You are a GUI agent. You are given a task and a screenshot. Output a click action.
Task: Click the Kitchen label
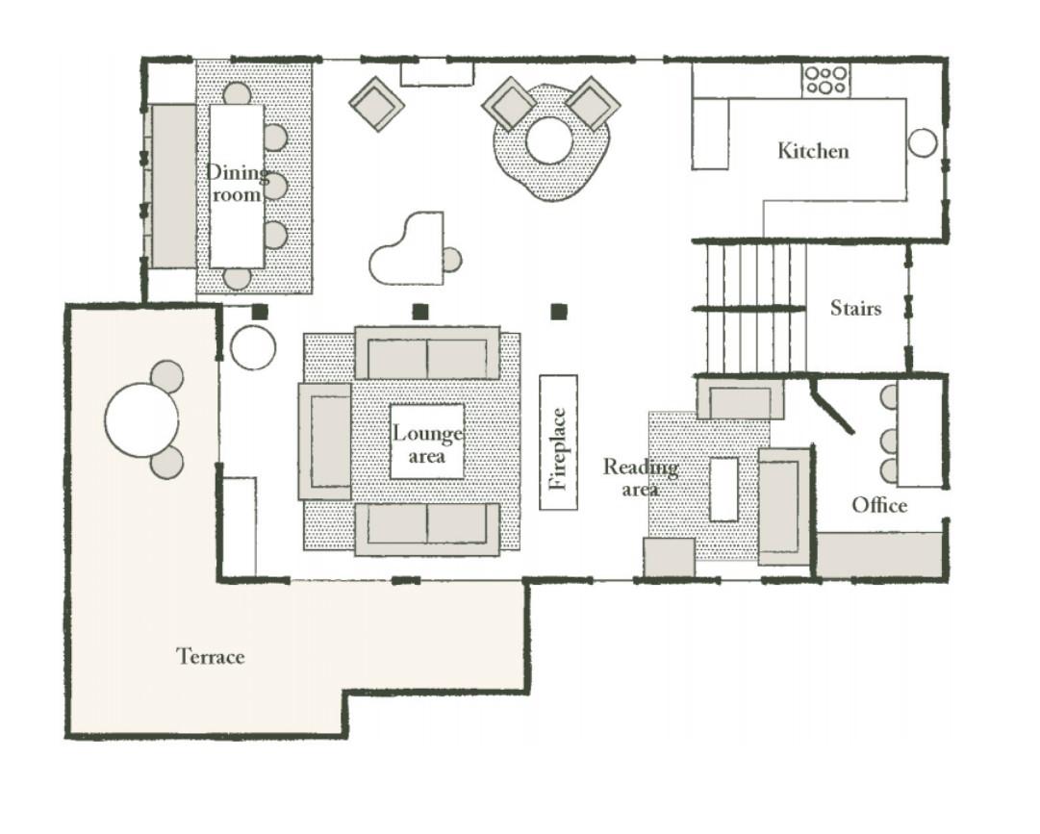click(813, 151)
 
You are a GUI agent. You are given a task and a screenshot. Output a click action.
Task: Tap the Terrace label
click(211, 656)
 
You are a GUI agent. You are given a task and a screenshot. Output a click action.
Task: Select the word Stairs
click(855, 308)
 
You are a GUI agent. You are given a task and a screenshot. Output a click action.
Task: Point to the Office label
click(879, 505)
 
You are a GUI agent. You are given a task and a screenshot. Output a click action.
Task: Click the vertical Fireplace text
click(558, 449)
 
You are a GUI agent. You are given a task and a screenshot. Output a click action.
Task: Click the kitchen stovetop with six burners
click(825, 80)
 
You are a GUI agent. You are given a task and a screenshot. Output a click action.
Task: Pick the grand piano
click(406, 248)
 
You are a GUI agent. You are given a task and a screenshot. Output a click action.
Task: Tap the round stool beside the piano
click(452, 260)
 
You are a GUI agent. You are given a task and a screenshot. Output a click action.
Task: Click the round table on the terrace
click(142, 419)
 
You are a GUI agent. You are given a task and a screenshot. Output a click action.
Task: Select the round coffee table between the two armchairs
click(549, 140)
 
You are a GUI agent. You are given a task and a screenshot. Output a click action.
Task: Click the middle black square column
click(420, 311)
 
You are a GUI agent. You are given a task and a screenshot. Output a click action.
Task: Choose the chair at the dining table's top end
click(237, 92)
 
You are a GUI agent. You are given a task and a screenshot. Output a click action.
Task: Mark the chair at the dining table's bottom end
click(237, 278)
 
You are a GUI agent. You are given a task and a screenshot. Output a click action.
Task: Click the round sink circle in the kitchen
click(922, 142)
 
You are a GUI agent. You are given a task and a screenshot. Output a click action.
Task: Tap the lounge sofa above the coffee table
click(428, 352)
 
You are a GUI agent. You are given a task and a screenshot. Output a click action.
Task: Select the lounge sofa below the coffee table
click(428, 528)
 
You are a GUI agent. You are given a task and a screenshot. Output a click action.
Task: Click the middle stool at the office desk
click(890, 441)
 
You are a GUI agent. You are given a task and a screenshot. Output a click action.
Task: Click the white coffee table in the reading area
click(723, 490)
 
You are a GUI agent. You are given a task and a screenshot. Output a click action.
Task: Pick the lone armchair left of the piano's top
click(377, 104)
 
